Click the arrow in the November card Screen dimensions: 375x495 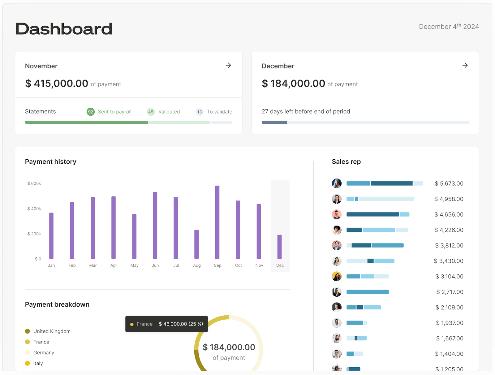tap(228, 65)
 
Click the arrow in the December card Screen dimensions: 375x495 tap(465, 65)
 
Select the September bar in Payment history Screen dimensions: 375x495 tap(217, 222)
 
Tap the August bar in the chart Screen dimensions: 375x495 tap(196, 244)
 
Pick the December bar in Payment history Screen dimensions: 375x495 tap(279, 247)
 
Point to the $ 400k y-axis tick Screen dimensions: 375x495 tap(34, 209)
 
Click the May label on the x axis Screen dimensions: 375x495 tap(134, 265)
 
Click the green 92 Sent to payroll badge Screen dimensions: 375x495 tap(90, 112)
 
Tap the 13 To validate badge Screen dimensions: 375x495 tap(200, 112)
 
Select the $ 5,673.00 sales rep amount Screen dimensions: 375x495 tap(449, 183)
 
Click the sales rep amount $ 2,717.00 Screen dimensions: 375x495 tap(450, 292)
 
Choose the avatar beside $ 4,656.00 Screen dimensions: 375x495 tap(337, 214)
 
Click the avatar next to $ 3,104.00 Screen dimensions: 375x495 tap(337, 276)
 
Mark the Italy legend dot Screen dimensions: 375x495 tap(28, 363)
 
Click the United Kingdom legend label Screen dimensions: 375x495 tap(52, 331)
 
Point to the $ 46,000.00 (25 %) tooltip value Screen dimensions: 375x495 tap(181, 324)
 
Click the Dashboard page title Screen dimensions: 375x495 tap(64, 29)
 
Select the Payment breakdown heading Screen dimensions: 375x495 tap(57, 304)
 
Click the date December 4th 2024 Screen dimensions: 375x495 tap(449, 27)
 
